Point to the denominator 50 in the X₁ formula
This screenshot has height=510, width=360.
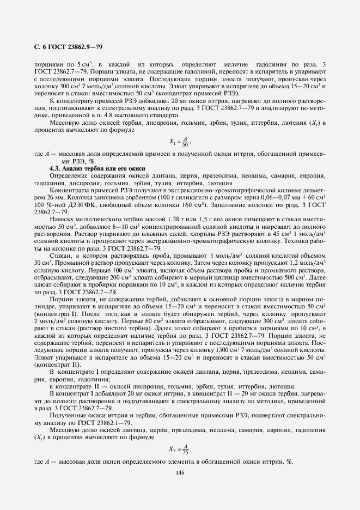point(185,144)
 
